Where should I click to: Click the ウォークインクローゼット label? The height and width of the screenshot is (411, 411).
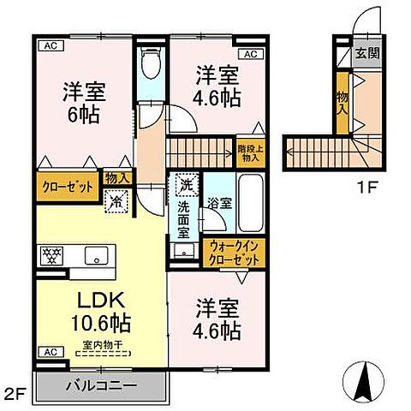point(234,253)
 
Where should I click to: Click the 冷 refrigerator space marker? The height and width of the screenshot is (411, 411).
point(115,202)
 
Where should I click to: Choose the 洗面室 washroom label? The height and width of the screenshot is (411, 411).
point(183,216)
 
